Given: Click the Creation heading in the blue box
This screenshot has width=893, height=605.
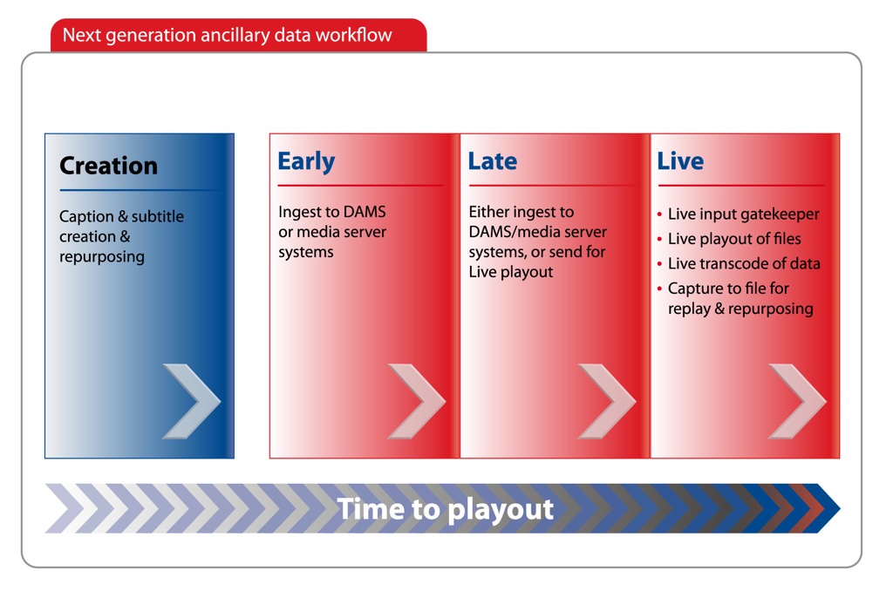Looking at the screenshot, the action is pos(108,166).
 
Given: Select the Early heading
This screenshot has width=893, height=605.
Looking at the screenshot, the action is pos(306,161).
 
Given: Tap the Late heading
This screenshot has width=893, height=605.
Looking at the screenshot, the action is pos(492,161).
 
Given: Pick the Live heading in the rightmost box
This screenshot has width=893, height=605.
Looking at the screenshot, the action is pos(680,161).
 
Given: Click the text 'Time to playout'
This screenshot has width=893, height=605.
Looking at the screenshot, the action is pos(445,509).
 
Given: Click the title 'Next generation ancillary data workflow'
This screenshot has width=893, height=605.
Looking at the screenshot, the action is pos(228,35).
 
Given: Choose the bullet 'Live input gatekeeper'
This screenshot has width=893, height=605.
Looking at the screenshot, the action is pos(743,214).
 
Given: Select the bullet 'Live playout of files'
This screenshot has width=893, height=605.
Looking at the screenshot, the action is pos(734,239).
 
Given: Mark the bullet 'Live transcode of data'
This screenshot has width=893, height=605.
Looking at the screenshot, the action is pos(744,263).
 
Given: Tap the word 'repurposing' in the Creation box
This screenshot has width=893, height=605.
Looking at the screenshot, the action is pos(102,257).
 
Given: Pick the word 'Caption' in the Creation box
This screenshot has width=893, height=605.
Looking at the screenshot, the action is pos(86,217).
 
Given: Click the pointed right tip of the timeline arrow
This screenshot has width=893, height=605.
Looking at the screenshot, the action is pos(840,508).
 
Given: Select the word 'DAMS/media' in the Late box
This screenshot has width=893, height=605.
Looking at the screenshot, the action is pos(511,232).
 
